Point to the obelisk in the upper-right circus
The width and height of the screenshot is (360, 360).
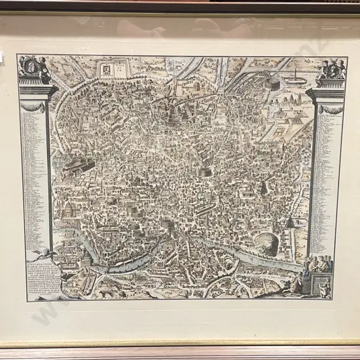pos(296,71)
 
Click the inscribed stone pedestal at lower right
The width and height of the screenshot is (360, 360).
pos(321,285)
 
